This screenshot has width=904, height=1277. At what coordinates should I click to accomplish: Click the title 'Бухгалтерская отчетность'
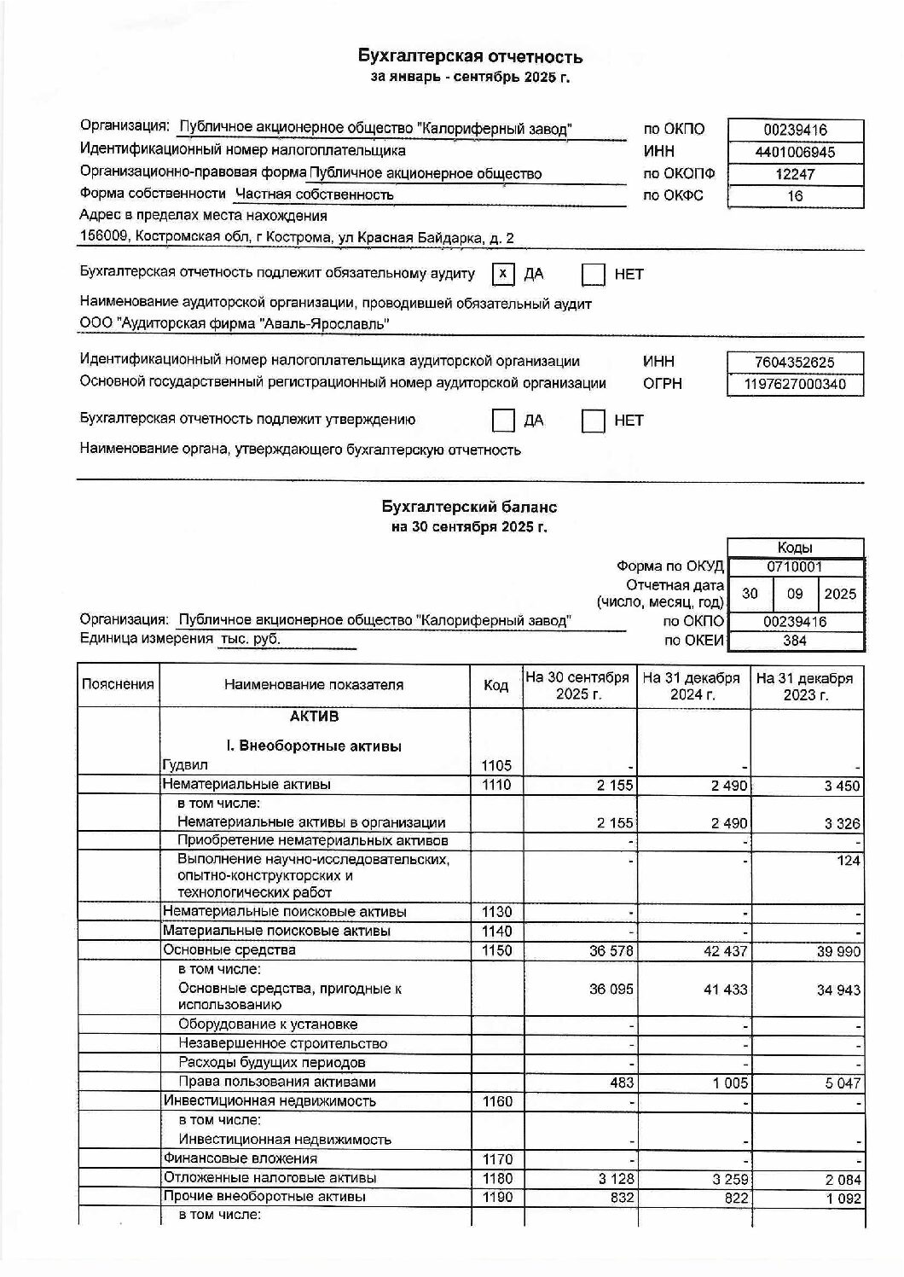click(x=470, y=57)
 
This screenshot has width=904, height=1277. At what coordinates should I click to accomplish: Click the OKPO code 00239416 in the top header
click(x=795, y=131)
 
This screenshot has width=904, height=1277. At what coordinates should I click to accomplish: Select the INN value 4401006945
click(x=795, y=153)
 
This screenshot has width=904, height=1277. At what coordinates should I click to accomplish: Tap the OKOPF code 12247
click(x=795, y=174)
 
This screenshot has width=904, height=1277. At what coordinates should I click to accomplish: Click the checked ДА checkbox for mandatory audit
click(x=503, y=274)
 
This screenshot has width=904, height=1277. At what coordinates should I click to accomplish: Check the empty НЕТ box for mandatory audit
click(x=593, y=274)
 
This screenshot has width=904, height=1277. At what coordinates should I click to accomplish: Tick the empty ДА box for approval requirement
click(x=503, y=421)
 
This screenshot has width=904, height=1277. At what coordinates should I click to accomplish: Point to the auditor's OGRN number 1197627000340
click(x=795, y=385)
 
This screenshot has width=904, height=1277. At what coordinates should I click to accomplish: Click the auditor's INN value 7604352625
click(x=795, y=363)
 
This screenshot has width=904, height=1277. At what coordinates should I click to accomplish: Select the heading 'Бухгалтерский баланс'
click(x=469, y=507)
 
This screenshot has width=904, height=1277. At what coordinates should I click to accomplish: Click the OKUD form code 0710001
click(x=795, y=566)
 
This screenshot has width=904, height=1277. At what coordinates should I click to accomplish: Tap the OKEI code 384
click(x=795, y=641)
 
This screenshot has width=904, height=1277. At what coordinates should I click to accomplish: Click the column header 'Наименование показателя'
click(x=314, y=685)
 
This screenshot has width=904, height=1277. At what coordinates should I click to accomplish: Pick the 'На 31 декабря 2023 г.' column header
click(x=804, y=686)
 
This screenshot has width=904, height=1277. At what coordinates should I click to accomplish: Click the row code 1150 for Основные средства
click(x=496, y=950)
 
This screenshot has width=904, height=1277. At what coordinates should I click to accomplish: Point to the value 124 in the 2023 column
click(x=848, y=861)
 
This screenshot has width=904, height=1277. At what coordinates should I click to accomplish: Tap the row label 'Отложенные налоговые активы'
click(x=269, y=1178)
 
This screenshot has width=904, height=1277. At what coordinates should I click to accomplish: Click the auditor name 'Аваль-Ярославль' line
click(x=235, y=324)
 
